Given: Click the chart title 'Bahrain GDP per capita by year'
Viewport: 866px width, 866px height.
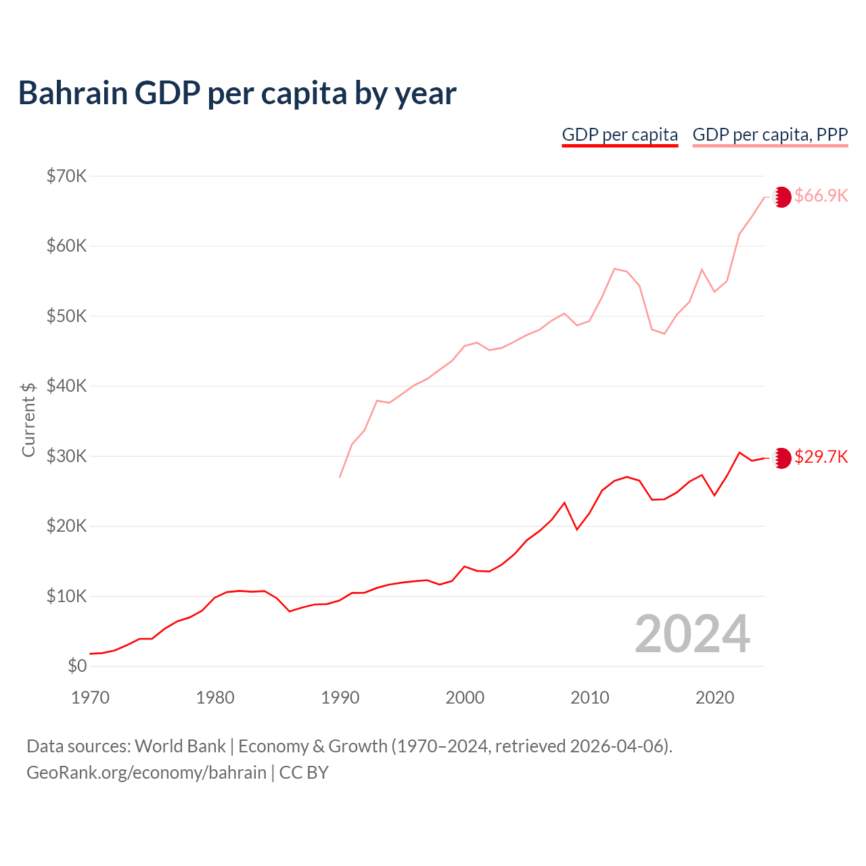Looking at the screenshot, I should coord(237,93).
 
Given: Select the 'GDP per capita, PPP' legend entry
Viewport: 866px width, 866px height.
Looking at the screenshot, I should coord(770,135).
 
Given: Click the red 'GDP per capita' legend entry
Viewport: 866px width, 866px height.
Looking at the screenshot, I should coord(620,135).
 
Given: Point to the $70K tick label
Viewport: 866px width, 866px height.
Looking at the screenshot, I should coord(66,177).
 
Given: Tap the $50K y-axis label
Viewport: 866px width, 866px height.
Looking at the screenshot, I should coord(66,317).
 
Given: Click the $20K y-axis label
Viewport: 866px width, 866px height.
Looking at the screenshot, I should coord(66,526).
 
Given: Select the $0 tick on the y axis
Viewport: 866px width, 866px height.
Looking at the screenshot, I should coord(77,666).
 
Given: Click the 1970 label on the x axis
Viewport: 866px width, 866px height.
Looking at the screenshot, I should coord(90,698).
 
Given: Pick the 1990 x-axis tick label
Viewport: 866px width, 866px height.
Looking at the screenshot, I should coord(340,698).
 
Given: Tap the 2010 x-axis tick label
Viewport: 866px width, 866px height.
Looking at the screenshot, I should coord(590,698).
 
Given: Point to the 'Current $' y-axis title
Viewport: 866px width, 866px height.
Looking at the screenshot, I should coord(28,419).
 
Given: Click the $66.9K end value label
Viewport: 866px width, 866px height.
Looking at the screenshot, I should coord(821,196).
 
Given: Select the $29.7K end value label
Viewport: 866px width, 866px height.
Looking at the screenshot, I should coord(821,457).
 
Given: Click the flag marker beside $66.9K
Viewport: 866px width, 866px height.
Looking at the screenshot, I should coord(781,197).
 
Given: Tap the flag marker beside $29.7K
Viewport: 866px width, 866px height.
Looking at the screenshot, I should coord(781,458).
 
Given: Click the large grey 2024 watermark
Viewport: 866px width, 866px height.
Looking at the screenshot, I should coord(692,634).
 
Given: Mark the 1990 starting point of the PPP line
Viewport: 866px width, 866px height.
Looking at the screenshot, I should coord(340,477).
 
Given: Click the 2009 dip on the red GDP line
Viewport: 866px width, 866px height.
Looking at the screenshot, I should coord(577,529).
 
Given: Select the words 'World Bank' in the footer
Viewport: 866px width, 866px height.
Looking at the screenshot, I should coord(180,746).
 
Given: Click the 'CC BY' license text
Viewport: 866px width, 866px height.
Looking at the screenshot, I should coord(304,773).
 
